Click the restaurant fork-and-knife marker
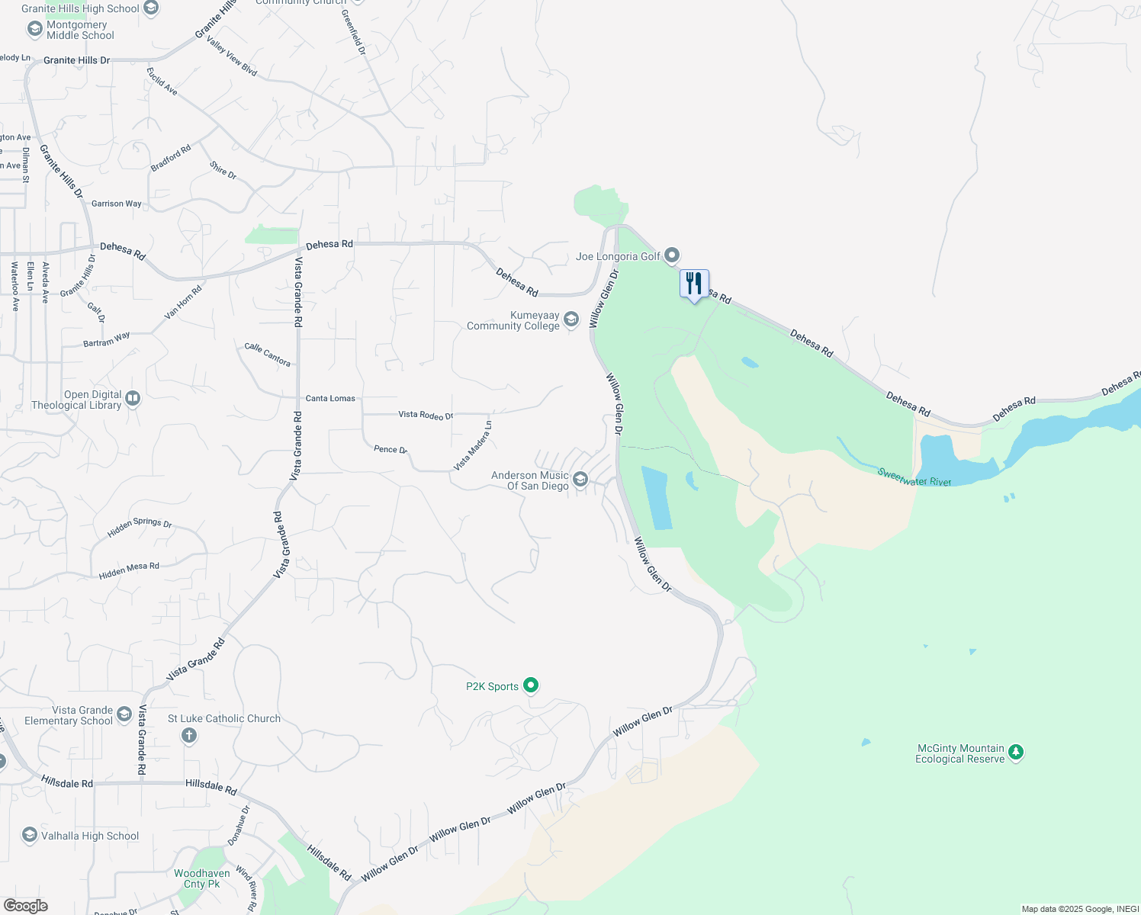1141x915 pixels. click(694, 284)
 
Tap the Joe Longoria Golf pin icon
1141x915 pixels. click(671, 255)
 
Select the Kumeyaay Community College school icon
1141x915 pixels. click(571, 319)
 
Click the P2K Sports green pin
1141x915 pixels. click(532, 685)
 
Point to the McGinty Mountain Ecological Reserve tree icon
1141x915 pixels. click(1015, 753)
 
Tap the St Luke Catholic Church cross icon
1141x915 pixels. click(189, 735)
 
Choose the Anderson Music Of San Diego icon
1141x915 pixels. click(580, 479)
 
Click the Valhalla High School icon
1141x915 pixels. click(30, 835)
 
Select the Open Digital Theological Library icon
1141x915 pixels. click(133, 398)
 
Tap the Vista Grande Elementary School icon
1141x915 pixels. click(124, 714)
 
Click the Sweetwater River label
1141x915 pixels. click(914, 477)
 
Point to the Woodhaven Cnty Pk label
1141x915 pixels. click(202, 878)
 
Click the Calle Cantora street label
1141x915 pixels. click(267, 354)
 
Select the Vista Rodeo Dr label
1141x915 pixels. click(426, 415)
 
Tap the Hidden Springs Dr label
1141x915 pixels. click(140, 526)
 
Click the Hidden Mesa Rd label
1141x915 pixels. click(129, 570)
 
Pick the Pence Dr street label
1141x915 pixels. click(391, 449)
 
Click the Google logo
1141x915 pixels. click(26, 905)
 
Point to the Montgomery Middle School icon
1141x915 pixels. click(34, 29)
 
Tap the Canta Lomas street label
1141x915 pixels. click(330, 398)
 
